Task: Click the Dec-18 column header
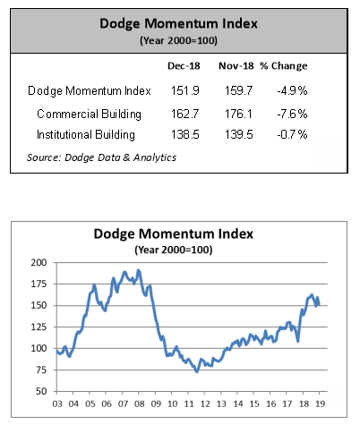pyautogui.click(x=184, y=66)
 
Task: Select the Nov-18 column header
pyautogui.click(x=236, y=66)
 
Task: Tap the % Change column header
pyautogui.click(x=283, y=66)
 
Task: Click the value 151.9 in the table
pyautogui.click(x=185, y=90)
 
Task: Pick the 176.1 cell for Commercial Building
pyautogui.click(x=238, y=114)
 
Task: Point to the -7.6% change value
pyautogui.click(x=292, y=114)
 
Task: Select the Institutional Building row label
pyautogui.click(x=86, y=135)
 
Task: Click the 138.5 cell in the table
pyautogui.click(x=185, y=134)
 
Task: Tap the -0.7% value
pyautogui.click(x=292, y=134)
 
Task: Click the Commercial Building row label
pyautogui.click(x=89, y=115)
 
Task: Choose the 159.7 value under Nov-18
pyautogui.click(x=238, y=90)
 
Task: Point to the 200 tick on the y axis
pyautogui.click(x=39, y=263)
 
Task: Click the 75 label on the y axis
pyautogui.click(x=41, y=369)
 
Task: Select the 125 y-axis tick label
pyautogui.click(x=39, y=327)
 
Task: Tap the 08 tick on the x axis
pyautogui.click(x=139, y=403)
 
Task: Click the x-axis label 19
pyautogui.click(x=320, y=403)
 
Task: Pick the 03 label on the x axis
pyautogui.click(x=57, y=403)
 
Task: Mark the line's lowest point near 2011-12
pyautogui.click(x=197, y=371)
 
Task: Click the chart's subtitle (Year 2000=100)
pyautogui.click(x=174, y=250)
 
